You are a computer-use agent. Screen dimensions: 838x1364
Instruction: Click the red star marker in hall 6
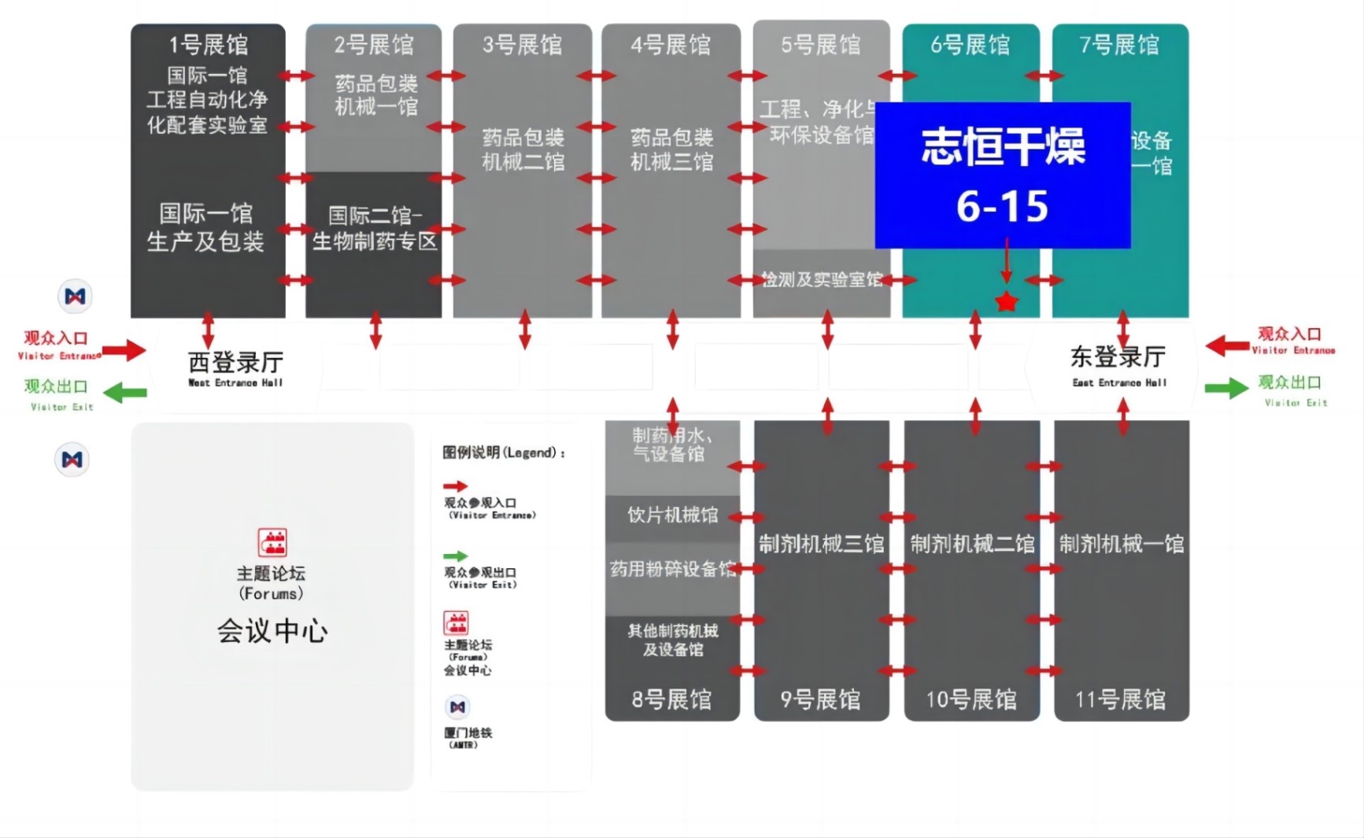click(x=1007, y=301)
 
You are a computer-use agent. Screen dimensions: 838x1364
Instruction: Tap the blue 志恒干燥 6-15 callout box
click(x=1003, y=175)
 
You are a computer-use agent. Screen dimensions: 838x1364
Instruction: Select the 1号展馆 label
click(x=209, y=45)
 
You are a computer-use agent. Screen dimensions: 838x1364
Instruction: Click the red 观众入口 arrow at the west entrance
click(x=124, y=350)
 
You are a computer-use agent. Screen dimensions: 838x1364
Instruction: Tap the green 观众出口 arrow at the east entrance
click(x=1226, y=387)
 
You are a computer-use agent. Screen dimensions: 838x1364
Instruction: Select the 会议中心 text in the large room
click(x=272, y=631)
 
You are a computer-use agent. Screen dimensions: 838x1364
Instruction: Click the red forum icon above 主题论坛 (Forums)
click(x=272, y=542)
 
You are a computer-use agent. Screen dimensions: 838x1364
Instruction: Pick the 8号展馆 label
click(x=671, y=700)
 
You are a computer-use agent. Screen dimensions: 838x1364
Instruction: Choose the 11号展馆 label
click(x=1121, y=700)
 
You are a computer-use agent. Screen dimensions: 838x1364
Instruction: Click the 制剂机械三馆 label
click(x=821, y=544)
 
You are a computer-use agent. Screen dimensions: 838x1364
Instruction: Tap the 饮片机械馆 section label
click(x=672, y=515)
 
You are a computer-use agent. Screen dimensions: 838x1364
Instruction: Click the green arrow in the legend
click(x=455, y=556)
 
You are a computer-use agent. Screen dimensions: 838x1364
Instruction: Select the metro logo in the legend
click(x=457, y=707)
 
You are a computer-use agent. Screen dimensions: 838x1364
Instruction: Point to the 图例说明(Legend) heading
click(x=503, y=452)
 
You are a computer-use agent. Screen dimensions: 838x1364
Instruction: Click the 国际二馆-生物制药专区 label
click(x=375, y=228)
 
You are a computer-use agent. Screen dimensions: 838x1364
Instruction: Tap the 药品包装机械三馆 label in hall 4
click(x=671, y=150)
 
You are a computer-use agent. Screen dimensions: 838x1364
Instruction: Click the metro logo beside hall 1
click(x=75, y=297)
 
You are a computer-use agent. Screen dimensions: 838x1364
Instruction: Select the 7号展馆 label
click(x=1119, y=45)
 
